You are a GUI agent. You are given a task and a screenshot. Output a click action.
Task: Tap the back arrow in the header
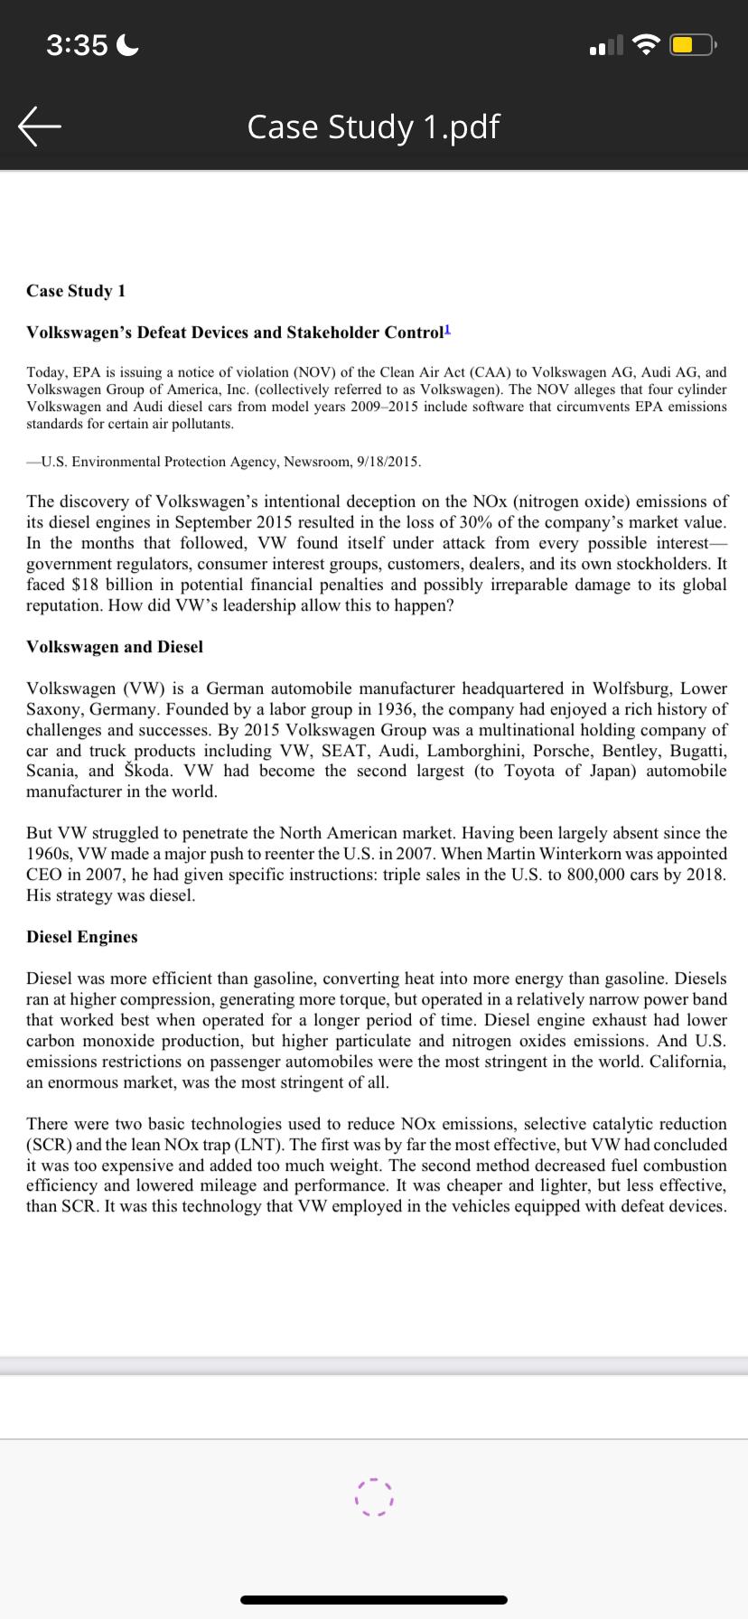pyautogui.click(x=40, y=127)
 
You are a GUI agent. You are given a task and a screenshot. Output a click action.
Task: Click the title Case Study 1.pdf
pyautogui.click(x=373, y=126)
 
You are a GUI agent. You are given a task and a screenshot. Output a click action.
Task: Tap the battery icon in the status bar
pyautogui.click(x=692, y=44)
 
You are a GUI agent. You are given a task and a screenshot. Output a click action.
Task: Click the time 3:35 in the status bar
pyautogui.click(x=77, y=44)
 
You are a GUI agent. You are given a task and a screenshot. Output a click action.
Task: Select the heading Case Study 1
pyautogui.click(x=76, y=291)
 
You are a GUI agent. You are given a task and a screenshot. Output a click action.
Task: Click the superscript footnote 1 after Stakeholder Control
pyautogui.click(x=446, y=329)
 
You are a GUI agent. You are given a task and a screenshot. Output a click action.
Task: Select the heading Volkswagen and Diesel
pyautogui.click(x=115, y=647)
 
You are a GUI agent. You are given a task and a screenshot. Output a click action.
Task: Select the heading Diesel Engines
pyautogui.click(x=82, y=937)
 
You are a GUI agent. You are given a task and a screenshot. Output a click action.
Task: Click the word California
pyautogui.click(x=688, y=1062)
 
